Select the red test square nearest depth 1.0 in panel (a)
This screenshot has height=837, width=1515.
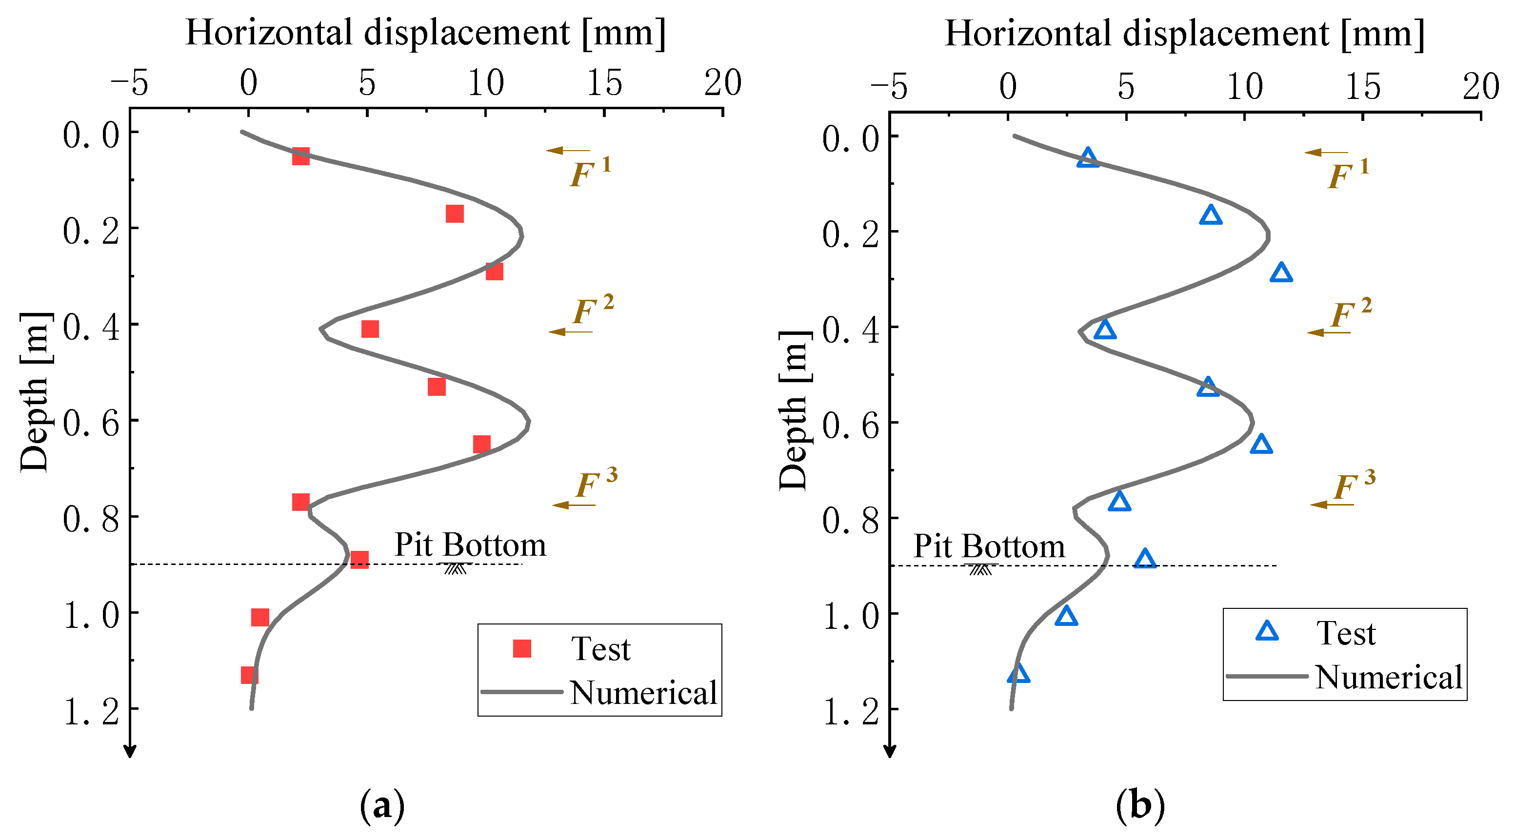click(x=260, y=617)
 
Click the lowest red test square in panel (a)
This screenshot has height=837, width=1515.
click(x=249, y=675)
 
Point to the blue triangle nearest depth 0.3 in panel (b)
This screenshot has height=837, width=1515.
click(x=1281, y=273)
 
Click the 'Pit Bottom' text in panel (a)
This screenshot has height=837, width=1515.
click(x=470, y=545)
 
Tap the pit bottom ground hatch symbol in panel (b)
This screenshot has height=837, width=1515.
click(x=980, y=569)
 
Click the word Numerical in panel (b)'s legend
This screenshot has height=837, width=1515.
click(x=1389, y=677)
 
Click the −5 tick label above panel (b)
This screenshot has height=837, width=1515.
click(x=889, y=87)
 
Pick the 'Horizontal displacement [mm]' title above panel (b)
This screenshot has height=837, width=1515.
click(x=1184, y=34)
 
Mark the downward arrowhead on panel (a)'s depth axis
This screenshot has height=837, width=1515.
click(x=130, y=751)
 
